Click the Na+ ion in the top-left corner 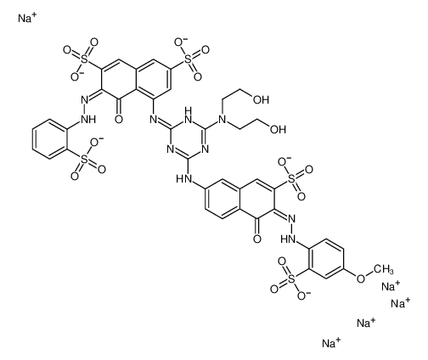click(x=27, y=18)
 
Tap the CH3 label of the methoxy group click(x=383, y=268)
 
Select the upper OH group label click(x=261, y=99)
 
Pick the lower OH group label click(x=278, y=129)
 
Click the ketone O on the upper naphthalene click(x=119, y=120)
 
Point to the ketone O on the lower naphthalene click(x=257, y=239)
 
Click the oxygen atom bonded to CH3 click(x=361, y=278)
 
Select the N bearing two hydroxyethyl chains click(x=222, y=120)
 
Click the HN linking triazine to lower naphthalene click(x=183, y=179)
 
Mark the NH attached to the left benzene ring click(x=88, y=120)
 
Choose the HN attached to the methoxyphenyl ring click(x=288, y=239)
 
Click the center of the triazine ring click(x=189, y=138)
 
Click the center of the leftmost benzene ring click(x=51, y=138)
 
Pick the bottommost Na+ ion click(x=331, y=343)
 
